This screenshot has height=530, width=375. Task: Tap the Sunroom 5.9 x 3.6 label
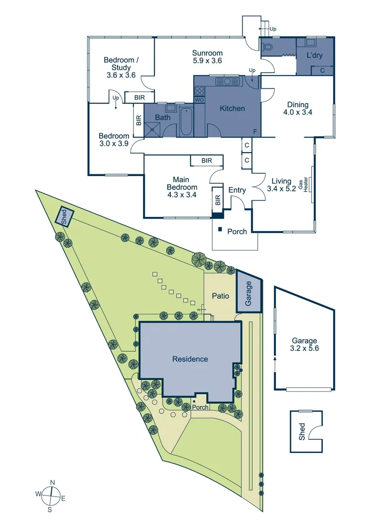coord(207,57)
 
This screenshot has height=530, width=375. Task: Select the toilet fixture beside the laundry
coord(268,48)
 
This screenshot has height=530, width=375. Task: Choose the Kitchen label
coord(232,108)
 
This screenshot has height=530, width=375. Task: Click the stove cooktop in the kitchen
coord(199,90)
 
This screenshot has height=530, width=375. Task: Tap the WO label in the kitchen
coord(199,100)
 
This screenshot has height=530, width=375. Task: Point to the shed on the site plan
coord(64,216)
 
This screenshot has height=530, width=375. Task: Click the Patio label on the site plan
coord(219,296)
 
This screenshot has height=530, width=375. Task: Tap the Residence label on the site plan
coord(190,359)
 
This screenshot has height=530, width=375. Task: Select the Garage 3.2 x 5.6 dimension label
coord(305,344)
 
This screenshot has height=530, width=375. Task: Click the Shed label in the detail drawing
coord(302,431)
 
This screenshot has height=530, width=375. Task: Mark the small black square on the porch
coord(220,229)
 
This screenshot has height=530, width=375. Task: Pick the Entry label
coord(237,190)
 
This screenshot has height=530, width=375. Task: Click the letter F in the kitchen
coord(255,132)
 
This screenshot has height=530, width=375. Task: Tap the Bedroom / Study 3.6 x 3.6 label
coord(121,68)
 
